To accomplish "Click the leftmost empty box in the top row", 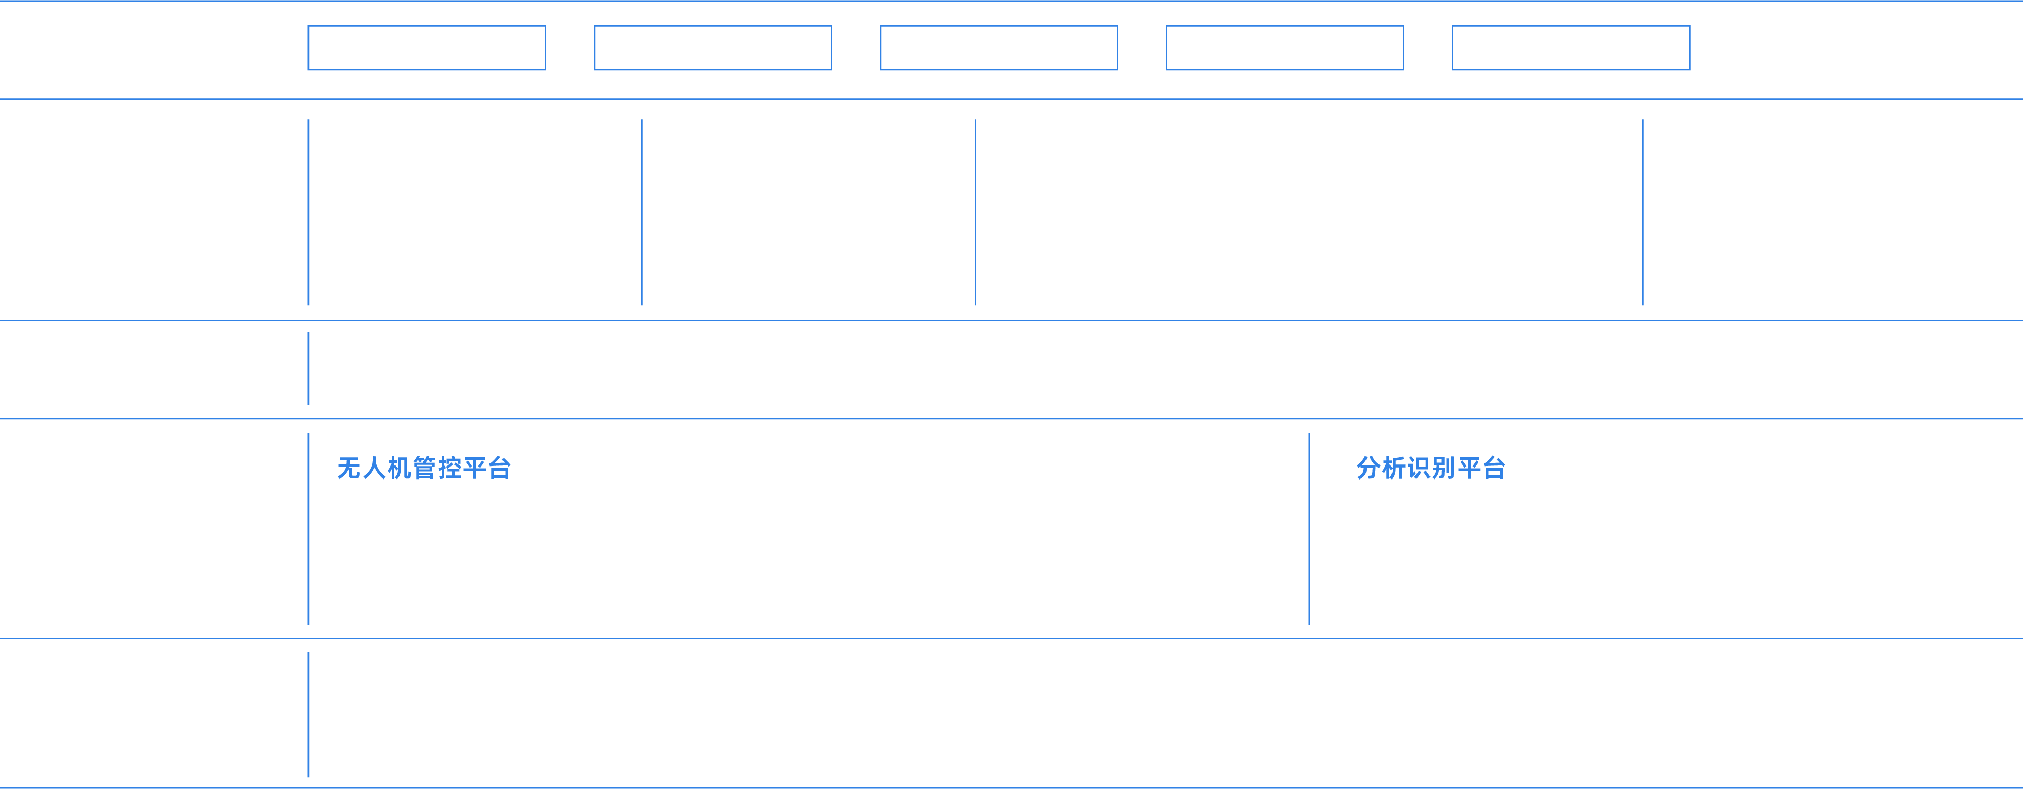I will click(427, 48).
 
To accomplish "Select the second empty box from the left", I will click(712, 48).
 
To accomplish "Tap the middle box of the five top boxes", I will click(998, 48).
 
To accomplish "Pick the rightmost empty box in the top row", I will click(1570, 48).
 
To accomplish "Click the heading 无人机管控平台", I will click(424, 469).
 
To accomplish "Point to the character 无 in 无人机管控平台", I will click(350, 469).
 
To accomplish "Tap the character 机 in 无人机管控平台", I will click(399, 469).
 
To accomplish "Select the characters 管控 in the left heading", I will click(436, 469).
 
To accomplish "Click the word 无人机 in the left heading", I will click(375, 469).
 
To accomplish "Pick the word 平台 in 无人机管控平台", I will click(487, 469).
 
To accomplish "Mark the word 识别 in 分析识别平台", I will click(1431, 469).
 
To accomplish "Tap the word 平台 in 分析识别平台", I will click(1481, 469).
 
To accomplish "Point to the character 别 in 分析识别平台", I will click(1444, 469).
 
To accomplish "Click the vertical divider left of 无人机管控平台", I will click(308, 528).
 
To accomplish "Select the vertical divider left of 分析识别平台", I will click(1309, 528).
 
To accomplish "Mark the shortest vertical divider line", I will click(308, 368).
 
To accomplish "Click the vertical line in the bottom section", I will click(308, 715).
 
